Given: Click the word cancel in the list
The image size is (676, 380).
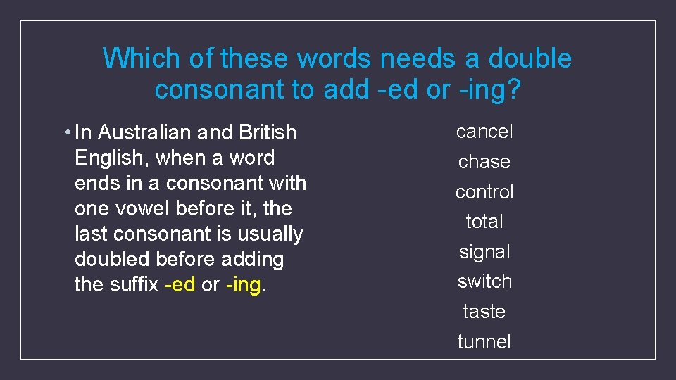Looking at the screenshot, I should (x=484, y=132).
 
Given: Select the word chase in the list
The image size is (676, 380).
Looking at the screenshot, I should (x=484, y=162).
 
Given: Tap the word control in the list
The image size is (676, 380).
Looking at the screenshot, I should (x=484, y=192).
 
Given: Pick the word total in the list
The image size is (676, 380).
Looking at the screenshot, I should (x=484, y=222).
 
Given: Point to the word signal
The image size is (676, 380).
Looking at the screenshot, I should (x=484, y=252).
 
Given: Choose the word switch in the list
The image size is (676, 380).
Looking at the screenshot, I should (x=484, y=281).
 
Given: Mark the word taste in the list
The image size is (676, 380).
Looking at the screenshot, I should (x=484, y=312).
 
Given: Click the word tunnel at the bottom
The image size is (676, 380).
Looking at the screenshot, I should (x=484, y=342).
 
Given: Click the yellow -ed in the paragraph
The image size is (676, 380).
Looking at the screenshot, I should (x=179, y=285).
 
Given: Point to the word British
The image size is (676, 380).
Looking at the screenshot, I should (x=268, y=132).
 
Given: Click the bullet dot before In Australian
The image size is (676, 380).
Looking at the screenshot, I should (x=66, y=132).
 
